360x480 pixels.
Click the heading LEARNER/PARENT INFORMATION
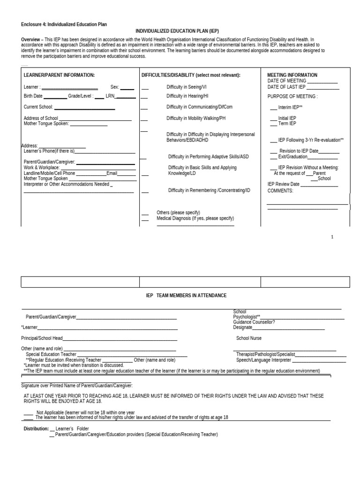click(59, 75)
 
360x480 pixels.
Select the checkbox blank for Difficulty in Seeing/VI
click(145, 88)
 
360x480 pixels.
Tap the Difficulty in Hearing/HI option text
click(187, 96)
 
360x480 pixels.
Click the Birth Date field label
click(33, 96)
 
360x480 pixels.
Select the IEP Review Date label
click(283, 185)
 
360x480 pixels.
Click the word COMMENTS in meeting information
click(280, 191)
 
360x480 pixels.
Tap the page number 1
click(332, 237)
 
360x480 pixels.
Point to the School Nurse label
click(249, 338)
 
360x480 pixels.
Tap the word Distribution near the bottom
click(36, 429)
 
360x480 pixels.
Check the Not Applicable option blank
click(28, 412)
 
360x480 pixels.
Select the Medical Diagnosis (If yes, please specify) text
click(195, 218)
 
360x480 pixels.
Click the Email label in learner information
click(112, 173)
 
